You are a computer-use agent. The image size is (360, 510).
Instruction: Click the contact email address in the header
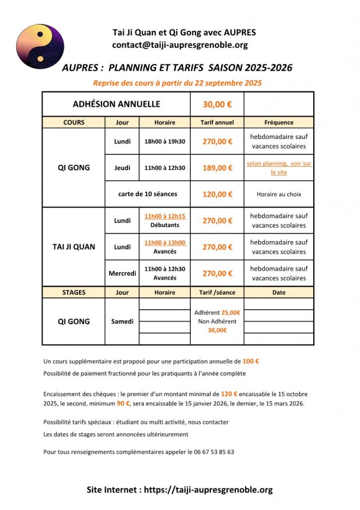click(x=180, y=45)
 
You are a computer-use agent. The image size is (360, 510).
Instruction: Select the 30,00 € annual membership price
click(x=217, y=105)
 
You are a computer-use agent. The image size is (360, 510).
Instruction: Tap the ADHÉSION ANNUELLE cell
click(x=117, y=104)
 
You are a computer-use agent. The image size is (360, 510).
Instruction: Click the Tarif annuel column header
click(x=217, y=123)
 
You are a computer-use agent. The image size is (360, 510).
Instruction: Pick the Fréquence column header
click(x=279, y=123)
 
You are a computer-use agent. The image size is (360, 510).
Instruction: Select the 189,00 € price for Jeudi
click(x=217, y=168)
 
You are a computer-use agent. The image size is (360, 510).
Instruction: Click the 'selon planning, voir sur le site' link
click(x=279, y=168)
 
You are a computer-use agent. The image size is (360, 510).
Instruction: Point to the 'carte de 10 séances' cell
click(x=147, y=194)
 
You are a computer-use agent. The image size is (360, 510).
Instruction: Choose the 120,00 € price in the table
click(x=217, y=194)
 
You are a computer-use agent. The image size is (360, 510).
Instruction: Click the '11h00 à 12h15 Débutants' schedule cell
click(x=165, y=221)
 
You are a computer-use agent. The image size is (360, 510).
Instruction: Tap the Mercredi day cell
click(x=122, y=273)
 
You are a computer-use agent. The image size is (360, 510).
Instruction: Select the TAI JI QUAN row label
click(x=74, y=247)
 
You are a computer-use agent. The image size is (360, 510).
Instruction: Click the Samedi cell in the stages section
click(x=122, y=322)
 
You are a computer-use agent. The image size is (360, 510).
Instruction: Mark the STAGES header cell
click(x=74, y=293)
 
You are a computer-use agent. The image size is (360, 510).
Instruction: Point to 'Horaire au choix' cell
click(x=279, y=194)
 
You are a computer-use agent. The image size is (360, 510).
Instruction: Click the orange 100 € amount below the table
click(x=250, y=361)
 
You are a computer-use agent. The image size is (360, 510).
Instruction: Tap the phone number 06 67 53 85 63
click(x=210, y=452)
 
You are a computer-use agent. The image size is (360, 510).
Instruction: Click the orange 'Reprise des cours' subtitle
click(x=177, y=83)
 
